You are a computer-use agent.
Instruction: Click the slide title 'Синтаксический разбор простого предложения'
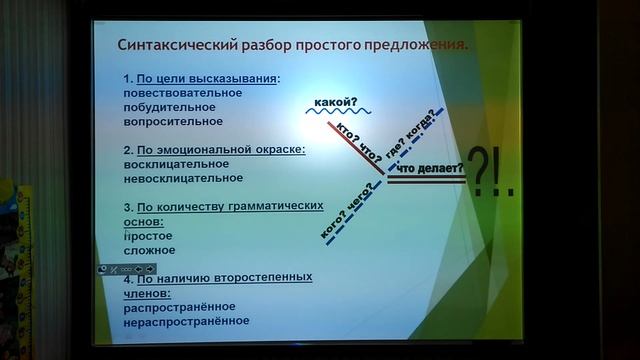pos(292,45)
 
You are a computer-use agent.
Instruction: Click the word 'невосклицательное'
pos(184,178)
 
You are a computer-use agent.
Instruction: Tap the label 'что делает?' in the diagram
pos(431,171)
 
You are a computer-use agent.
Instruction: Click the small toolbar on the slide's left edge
pos(126,268)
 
